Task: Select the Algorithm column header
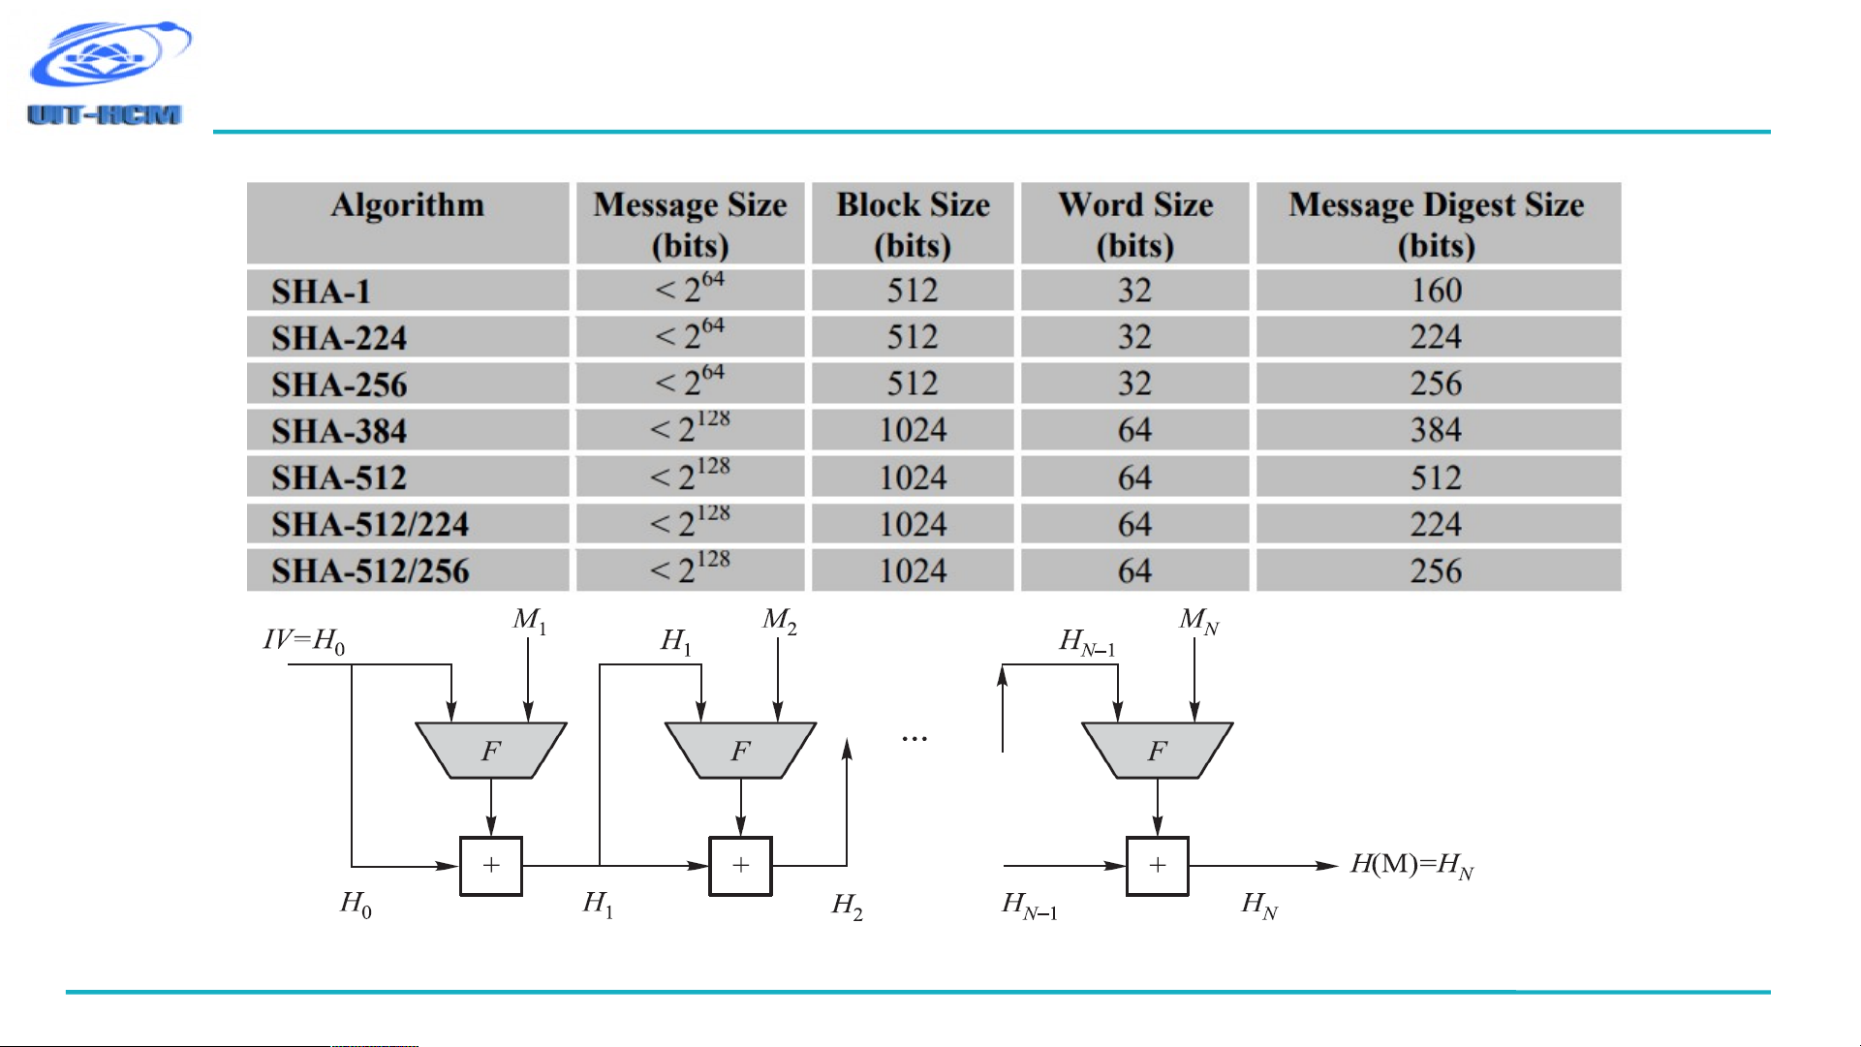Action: coord(408,205)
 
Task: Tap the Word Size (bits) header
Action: coord(1135,224)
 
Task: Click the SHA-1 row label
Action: coord(321,292)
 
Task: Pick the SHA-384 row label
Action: coord(339,431)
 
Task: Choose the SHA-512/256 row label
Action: coord(370,570)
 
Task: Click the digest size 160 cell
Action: coord(1437,291)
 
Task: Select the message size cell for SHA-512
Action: coord(690,475)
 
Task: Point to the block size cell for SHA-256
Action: coord(913,384)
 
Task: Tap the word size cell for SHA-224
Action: coord(1135,337)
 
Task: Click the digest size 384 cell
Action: coord(1437,430)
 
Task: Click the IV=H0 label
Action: coord(304,641)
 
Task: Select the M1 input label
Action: coord(530,620)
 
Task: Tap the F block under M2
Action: coord(741,751)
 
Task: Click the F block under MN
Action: coord(1158,751)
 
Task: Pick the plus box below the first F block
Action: coord(491,866)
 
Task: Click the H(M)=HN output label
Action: coord(1412,864)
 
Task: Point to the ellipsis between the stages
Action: coord(915,740)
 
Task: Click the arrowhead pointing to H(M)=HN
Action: coord(1327,866)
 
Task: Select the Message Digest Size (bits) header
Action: coord(1437,224)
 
